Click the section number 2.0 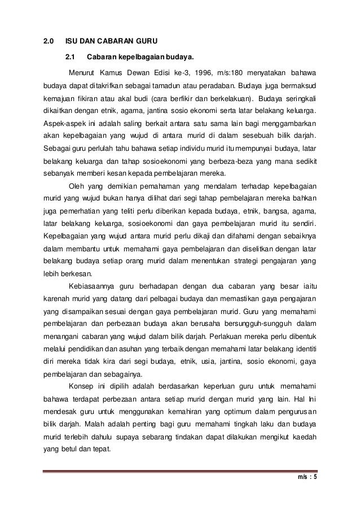pyautogui.click(x=49, y=41)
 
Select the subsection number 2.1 pyautogui.click(x=71, y=57)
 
